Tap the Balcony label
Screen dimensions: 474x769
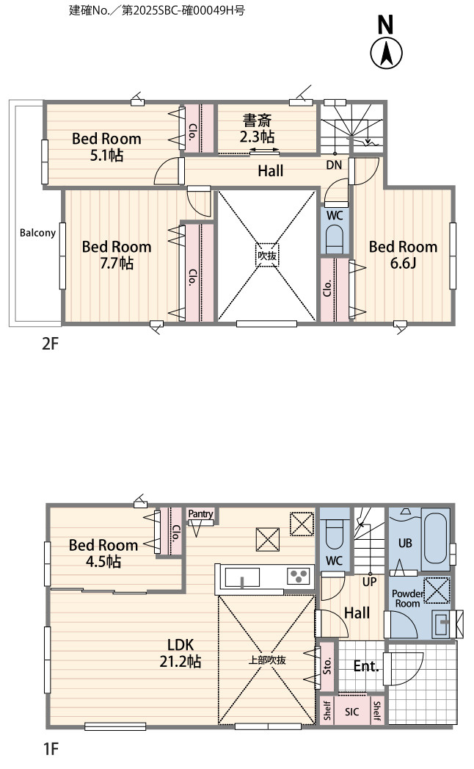37,233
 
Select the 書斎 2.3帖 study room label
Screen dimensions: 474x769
257,129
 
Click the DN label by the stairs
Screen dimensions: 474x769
334,165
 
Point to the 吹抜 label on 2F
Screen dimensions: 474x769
267,256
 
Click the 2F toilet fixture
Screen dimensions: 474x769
335,237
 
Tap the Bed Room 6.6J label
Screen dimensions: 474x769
403,255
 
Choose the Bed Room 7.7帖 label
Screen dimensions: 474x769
117,255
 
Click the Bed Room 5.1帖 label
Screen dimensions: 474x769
106,147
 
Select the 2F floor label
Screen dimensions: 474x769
49,343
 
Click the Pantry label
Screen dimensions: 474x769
200,513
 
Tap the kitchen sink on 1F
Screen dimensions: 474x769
242,577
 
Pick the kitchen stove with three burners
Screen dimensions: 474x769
299,576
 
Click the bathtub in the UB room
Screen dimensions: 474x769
436,538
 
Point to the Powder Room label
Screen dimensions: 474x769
407,599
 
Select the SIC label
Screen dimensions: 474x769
351,712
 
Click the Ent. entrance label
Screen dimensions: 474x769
366,666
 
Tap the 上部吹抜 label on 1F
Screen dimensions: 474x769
266,660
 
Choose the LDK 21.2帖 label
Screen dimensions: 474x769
181,653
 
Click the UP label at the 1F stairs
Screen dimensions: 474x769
369,582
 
